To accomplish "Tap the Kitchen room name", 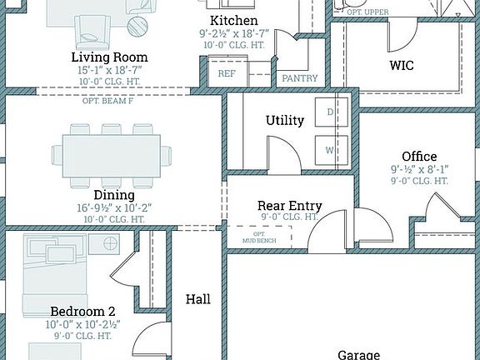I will [x=233, y=20].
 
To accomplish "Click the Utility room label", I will [x=285, y=121].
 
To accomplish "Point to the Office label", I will [x=419, y=156].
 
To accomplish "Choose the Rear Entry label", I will [x=289, y=205].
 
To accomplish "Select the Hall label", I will [x=198, y=299].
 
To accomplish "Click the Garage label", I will [x=359, y=354].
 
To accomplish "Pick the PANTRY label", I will [x=300, y=78].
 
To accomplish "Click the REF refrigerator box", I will [x=227, y=73].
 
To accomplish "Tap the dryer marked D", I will [x=330, y=112].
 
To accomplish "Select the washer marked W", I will [x=330, y=150].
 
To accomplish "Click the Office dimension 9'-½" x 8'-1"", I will [x=419, y=168].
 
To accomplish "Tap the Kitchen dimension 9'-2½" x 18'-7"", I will [x=233, y=32].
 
